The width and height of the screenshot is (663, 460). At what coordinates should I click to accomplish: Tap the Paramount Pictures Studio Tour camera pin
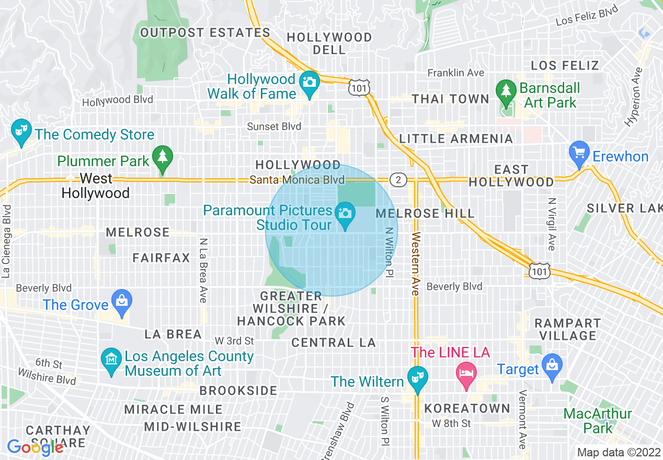point(345,215)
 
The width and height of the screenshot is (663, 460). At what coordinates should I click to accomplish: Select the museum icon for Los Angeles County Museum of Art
point(111,361)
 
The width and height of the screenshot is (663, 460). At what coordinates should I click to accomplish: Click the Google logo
point(35,447)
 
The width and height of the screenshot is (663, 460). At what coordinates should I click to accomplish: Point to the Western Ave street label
point(416,264)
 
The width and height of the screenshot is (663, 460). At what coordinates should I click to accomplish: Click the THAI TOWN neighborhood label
point(450,99)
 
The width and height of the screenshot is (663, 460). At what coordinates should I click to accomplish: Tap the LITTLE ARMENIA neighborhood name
point(456,139)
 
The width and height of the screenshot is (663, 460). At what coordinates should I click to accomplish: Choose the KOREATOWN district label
point(467,408)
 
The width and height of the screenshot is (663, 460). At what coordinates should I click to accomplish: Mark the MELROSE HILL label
point(425,213)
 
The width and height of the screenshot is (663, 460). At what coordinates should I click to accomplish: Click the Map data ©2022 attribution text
point(618,452)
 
